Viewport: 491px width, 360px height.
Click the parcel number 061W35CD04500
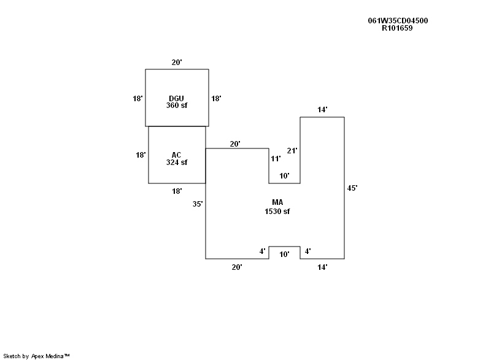[x=398, y=20]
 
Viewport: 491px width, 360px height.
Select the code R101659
[x=397, y=28]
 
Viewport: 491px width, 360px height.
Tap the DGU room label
[x=177, y=98]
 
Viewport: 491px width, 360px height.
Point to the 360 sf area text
[x=177, y=105]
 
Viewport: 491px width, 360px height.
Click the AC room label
[x=177, y=155]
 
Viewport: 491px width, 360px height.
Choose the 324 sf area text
[x=177, y=163]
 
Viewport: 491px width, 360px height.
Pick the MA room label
[x=277, y=202]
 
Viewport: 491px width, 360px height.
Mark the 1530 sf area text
[x=277, y=211]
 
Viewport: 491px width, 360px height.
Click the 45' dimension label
[x=352, y=188]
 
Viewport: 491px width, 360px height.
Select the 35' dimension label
[x=198, y=204]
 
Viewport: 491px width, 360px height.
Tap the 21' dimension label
[x=292, y=151]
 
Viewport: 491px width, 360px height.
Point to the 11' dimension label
[x=276, y=158]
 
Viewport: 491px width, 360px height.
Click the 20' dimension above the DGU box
[x=177, y=63]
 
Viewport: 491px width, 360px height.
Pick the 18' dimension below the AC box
[x=177, y=191]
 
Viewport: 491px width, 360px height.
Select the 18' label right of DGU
[x=216, y=98]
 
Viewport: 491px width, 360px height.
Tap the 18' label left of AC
[x=141, y=155]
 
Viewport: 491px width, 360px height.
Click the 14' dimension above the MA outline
[x=322, y=110]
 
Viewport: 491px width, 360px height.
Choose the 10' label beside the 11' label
[x=284, y=176]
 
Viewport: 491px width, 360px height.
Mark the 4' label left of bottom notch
[x=261, y=251]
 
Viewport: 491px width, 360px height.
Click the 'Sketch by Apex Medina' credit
[x=37, y=356]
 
